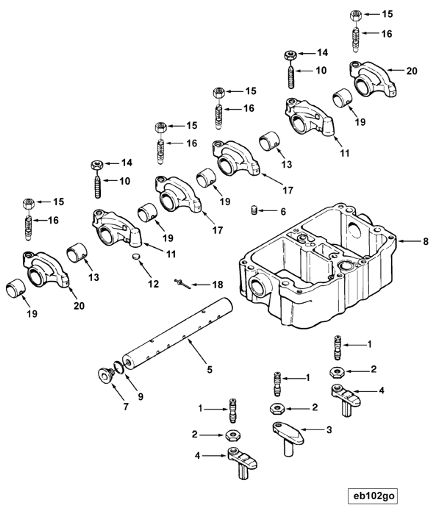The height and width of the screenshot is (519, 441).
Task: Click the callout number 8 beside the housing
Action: [426, 241]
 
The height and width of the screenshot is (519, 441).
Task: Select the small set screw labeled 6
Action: [254, 211]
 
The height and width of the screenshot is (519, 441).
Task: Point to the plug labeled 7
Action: [105, 376]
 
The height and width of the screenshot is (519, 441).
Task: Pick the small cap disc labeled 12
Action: [136, 256]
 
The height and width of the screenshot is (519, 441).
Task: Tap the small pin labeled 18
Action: [182, 284]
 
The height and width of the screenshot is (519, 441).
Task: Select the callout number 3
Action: [329, 430]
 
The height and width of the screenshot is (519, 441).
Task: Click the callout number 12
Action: [153, 284]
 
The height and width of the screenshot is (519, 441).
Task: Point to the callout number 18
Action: [217, 285]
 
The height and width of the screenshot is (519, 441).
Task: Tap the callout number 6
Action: [283, 211]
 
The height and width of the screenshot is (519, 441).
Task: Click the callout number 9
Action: [141, 397]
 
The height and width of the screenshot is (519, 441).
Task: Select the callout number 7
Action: [126, 407]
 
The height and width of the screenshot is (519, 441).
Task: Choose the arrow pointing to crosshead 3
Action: [312, 430]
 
